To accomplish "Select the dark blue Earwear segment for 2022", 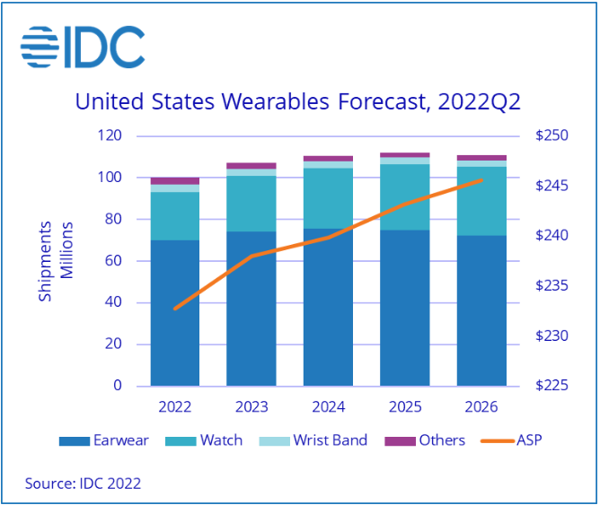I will point(175,313).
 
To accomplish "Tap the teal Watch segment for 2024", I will point(329,198).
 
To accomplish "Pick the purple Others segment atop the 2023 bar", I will point(251,166).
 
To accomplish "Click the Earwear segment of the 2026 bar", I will point(481,310).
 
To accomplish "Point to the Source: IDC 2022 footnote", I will point(83,483).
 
